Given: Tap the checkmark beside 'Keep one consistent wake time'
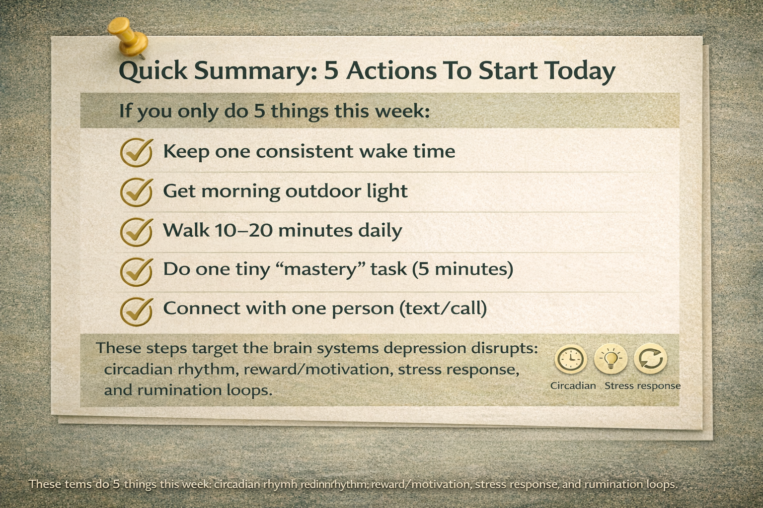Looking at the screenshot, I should (x=136, y=152).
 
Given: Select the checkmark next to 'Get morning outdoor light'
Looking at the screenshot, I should (x=136, y=192).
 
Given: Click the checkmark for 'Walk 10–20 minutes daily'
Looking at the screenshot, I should (x=136, y=231).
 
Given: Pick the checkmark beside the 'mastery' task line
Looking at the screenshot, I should (x=136, y=271).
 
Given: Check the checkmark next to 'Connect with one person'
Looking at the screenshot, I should (x=136, y=311).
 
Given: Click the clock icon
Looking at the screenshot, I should (x=570, y=359).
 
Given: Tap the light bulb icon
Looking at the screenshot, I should (x=610, y=359).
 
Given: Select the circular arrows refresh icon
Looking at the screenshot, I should (x=651, y=359).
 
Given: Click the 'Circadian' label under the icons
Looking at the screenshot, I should (x=573, y=386).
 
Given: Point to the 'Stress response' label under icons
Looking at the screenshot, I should (x=642, y=386).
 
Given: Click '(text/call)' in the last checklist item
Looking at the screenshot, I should (x=443, y=309).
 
